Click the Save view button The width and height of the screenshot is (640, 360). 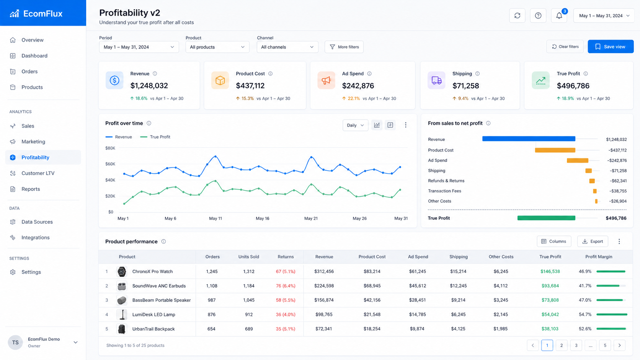point(610,47)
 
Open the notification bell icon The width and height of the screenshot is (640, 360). point(559,15)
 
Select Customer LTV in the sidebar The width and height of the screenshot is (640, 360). point(38,173)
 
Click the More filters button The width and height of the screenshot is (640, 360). point(344,47)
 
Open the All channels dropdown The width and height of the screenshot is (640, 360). point(287,47)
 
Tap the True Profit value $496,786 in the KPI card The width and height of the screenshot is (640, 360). point(573,86)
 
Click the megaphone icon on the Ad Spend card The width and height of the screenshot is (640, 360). point(326,80)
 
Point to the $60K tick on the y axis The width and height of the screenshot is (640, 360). point(110,164)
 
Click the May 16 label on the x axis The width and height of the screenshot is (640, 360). point(262,218)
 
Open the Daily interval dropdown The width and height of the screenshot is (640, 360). point(355,125)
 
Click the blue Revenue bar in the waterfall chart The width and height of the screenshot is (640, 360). point(529,139)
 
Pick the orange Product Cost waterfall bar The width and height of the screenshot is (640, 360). point(555,150)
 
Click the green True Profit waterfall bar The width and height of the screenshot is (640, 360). point(546,218)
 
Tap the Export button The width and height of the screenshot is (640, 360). point(593,241)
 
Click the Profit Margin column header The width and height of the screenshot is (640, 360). point(599,257)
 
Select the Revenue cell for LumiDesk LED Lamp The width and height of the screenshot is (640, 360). point(324,314)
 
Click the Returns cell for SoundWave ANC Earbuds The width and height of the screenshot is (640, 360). point(286,286)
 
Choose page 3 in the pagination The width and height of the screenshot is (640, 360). point(576,345)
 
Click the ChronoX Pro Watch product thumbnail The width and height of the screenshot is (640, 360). point(122,272)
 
